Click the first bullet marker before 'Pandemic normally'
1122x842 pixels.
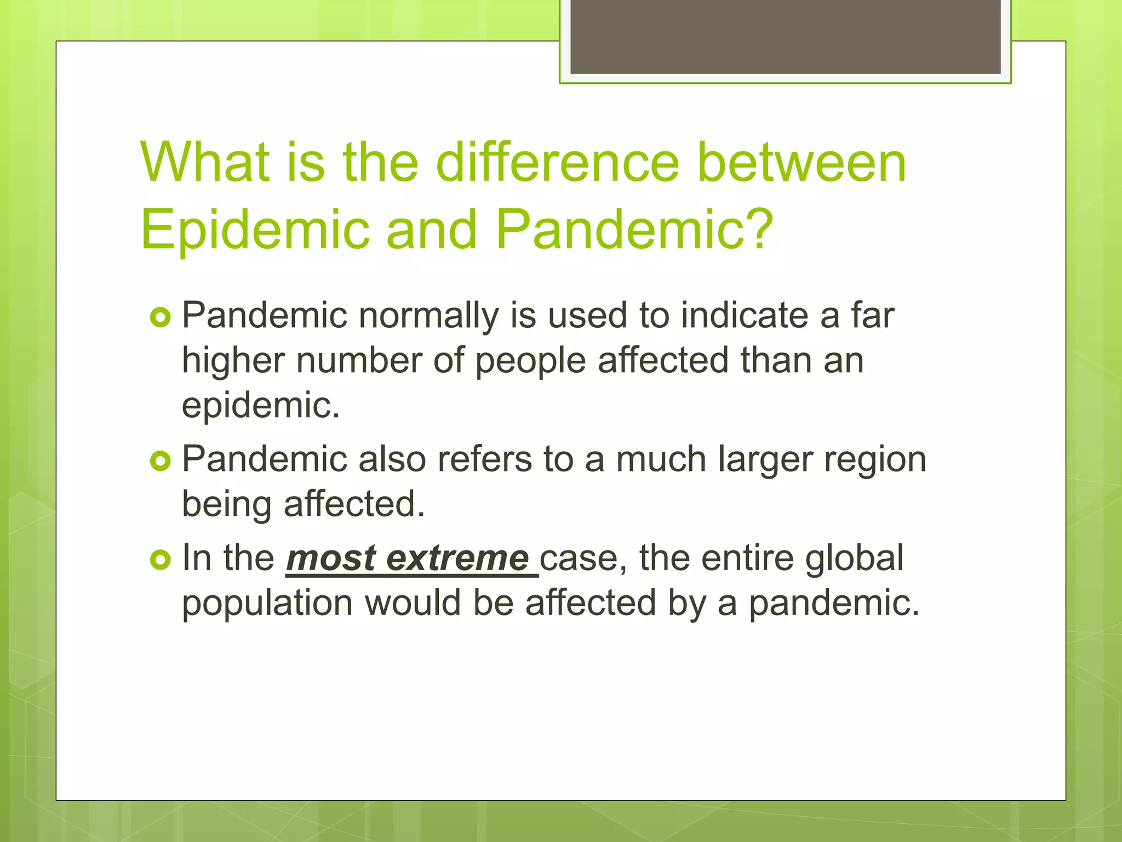[160, 317]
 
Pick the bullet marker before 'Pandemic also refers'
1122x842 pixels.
[160, 461]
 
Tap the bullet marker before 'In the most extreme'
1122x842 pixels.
[160, 560]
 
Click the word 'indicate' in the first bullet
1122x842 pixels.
[745, 316]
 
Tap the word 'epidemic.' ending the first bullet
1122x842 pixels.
[261, 406]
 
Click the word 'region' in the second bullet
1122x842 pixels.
[875, 460]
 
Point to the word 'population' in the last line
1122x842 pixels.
[267, 604]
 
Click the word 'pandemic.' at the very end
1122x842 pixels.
[834, 604]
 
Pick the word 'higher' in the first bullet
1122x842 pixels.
[233, 361]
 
